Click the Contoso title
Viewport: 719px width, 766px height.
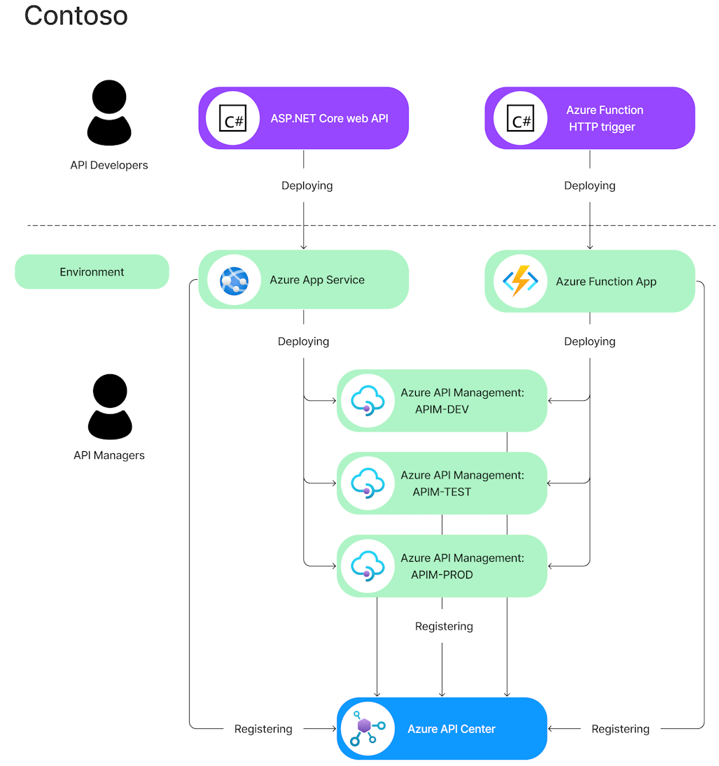(x=76, y=15)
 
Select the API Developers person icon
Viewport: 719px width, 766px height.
(x=109, y=113)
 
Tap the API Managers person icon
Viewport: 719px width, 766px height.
(x=110, y=406)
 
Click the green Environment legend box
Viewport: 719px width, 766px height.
(x=92, y=272)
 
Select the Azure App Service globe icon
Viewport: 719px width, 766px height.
(x=234, y=281)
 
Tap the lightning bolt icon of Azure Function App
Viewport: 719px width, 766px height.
(x=520, y=281)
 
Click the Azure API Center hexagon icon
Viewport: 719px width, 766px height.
(x=365, y=728)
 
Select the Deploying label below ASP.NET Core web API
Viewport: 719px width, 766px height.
(x=307, y=186)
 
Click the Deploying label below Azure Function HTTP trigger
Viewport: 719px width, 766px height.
(x=589, y=186)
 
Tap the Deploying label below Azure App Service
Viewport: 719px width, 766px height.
(x=303, y=342)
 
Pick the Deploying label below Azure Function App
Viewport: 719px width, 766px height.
(x=589, y=342)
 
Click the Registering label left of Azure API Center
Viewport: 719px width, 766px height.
(x=263, y=729)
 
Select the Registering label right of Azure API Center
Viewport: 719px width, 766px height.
(x=620, y=729)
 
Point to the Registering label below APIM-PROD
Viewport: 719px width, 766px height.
(x=444, y=626)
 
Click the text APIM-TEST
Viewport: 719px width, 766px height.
(x=442, y=492)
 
